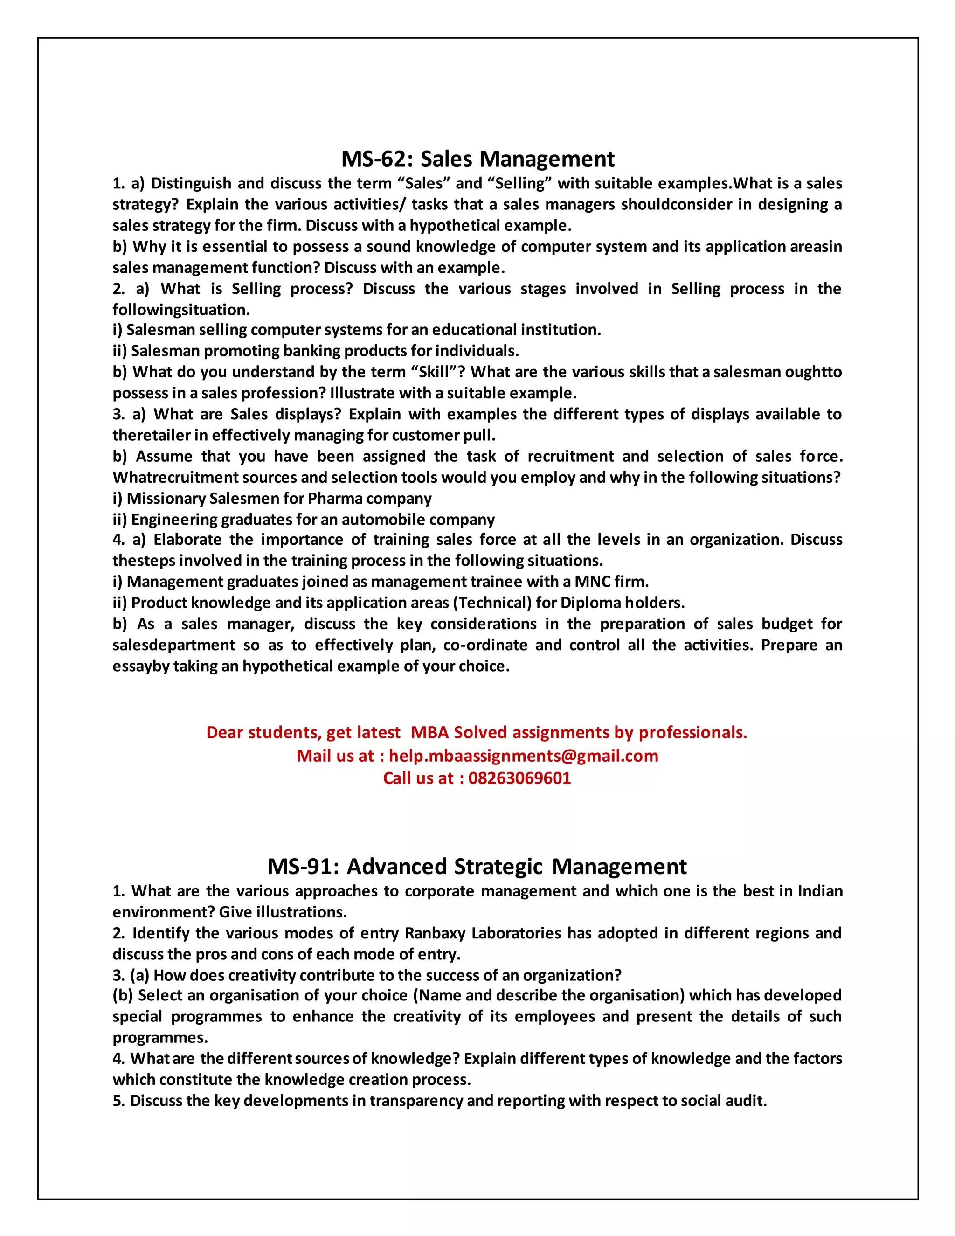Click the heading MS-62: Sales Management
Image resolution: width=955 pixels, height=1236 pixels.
coord(477,159)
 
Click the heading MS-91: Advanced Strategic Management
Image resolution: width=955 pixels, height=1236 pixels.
coord(477,867)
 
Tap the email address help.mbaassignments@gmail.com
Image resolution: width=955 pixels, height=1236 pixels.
coord(523,756)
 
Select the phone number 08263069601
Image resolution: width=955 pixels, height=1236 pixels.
coord(519,778)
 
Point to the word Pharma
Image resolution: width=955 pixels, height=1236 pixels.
coord(328,499)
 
